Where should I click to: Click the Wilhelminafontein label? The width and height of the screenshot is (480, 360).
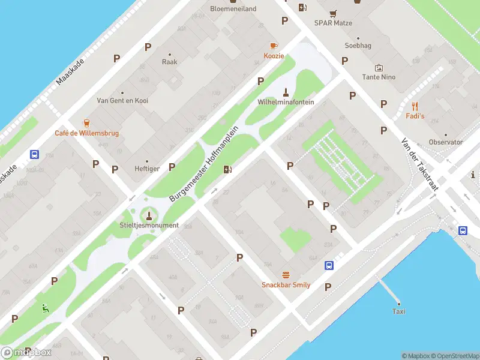pos(286,102)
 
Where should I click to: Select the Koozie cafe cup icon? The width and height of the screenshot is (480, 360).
pos(274,46)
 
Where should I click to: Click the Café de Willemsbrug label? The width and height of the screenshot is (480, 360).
pos(86,133)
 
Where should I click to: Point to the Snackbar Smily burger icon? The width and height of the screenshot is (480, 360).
pos(286,274)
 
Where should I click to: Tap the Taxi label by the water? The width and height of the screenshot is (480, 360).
pos(398,311)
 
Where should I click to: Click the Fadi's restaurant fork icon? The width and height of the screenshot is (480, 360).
pos(415,105)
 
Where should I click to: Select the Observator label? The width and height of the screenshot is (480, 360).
pos(446,142)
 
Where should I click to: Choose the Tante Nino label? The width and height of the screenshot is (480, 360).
pos(379,77)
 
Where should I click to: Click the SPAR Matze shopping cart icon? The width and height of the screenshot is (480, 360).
pos(333,13)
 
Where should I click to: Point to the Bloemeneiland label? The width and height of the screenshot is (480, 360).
pos(233,8)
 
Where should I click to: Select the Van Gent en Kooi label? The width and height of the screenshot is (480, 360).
pos(122,101)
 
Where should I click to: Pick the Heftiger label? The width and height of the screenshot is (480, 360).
pos(147,169)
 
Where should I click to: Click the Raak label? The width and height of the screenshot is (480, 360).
pos(169,62)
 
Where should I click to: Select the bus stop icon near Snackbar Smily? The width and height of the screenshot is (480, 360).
pos(329,265)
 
